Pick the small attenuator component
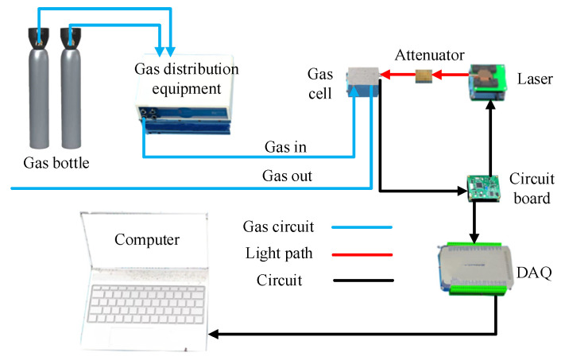(425, 75)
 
